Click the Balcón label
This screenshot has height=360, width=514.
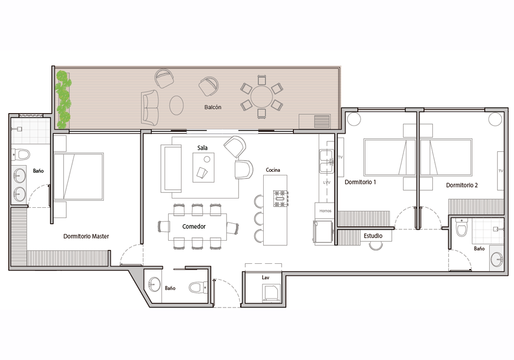coord(213,107)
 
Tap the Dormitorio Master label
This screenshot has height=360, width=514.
coord(86,236)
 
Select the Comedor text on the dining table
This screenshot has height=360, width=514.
coord(194,227)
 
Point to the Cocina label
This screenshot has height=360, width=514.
coord(273,170)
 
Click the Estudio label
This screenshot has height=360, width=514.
coord(373,236)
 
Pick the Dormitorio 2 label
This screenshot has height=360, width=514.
coord(462,185)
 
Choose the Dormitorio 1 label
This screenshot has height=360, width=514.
coord(360,182)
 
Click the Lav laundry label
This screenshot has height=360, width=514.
coord(265,277)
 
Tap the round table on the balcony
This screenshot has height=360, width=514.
coord(262,96)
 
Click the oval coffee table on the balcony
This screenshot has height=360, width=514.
coord(176,105)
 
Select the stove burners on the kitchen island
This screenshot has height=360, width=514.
coord(281,199)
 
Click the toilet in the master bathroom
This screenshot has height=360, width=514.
coord(21,154)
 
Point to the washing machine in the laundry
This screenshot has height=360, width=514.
coord(271,293)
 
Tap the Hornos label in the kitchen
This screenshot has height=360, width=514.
coord(325,211)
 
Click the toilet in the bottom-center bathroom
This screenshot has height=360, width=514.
coord(198,287)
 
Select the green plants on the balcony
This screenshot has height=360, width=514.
coord(63,100)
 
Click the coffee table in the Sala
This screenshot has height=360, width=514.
coord(203,168)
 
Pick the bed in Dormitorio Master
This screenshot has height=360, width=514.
coord(79,176)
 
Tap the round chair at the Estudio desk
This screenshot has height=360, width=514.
coord(376,245)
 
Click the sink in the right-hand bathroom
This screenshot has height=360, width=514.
coord(497,259)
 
